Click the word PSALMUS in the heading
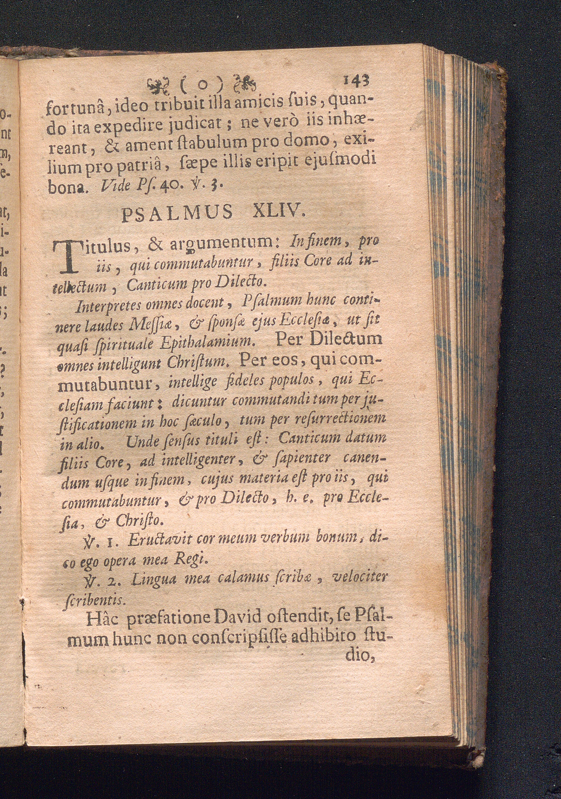click(177, 213)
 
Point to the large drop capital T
click(67, 256)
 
